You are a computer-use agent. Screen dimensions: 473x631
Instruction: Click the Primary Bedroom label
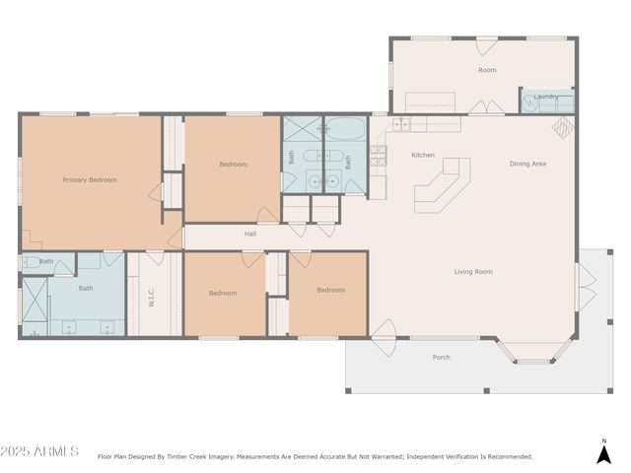pos(90,180)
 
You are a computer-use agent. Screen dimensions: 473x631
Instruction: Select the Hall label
pos(250,235)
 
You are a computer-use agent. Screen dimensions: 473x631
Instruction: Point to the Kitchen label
pos(423,156)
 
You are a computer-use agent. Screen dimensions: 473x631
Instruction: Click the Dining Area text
pos(527,164)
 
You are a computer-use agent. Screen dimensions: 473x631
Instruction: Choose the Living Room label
pos(473,272)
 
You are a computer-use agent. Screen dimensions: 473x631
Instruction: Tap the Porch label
pos(442,358)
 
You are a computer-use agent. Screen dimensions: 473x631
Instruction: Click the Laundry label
pos(546,97)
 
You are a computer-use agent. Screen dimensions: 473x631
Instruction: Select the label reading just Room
pos(487,70)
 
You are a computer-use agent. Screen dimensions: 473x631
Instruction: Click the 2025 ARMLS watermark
pos(39,451)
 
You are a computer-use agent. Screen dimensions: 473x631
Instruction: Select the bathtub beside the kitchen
pos(345,128)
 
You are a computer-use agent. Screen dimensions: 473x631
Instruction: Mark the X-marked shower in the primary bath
pos(35,306)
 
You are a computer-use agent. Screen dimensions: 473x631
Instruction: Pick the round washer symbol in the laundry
pos(530,100)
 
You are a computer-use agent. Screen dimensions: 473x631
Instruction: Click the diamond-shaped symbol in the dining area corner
pos(562,127)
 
